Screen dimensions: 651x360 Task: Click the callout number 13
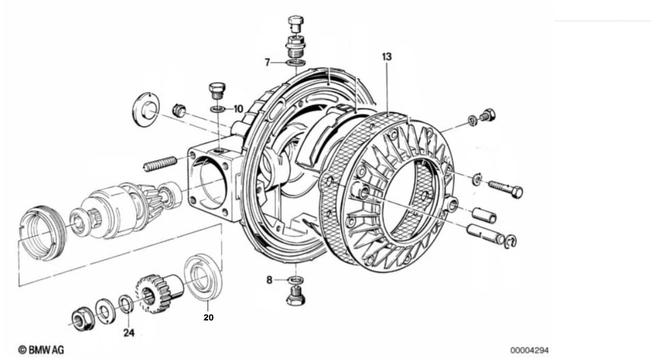point(387,56)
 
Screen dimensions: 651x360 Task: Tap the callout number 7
point(267,62)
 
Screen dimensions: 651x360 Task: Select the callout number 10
point(238,109)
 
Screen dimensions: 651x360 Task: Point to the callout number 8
point(270,280)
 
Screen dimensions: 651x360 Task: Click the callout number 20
point(208,317)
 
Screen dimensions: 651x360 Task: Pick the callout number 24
point(128,332)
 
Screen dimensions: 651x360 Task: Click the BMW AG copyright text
point(41,350)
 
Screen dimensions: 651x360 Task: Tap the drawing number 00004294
point(529,350)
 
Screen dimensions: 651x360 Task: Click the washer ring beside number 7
point(295,62)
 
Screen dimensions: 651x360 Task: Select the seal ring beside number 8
point(295,280)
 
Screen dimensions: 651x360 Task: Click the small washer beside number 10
point(217,109)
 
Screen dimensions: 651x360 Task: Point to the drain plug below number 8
point(295,296)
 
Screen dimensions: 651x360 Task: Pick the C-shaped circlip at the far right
point(510,242)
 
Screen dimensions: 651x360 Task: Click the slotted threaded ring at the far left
point(43,233)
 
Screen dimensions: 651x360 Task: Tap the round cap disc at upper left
point(145,109)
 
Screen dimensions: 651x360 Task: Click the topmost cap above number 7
point(295,24)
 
